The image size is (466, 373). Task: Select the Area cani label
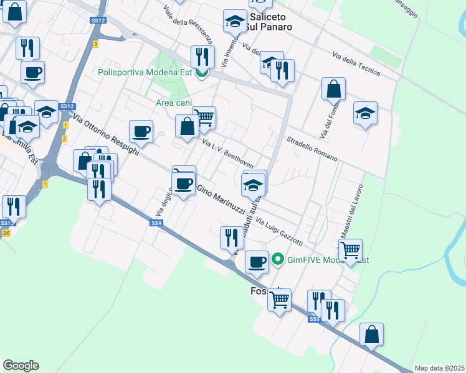click(x=174, y=103)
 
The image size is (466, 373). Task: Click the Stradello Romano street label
click(x=311, y=149)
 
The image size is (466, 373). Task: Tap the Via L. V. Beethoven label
click(x=227, y=153)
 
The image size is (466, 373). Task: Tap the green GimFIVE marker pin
click(x=278, y=260)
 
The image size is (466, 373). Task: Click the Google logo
click(x=21, y=366)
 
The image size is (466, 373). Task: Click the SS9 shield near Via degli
click(x=157, y=223)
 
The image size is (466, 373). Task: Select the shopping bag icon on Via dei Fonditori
click(x=333, y=88)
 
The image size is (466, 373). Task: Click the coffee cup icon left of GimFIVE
click(x=256, y=262)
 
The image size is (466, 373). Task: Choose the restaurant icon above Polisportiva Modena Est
click(x=202, y=57)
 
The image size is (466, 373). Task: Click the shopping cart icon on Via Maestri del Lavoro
click(x=351, y=250)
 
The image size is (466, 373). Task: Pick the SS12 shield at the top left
click(x=98, y=21)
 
